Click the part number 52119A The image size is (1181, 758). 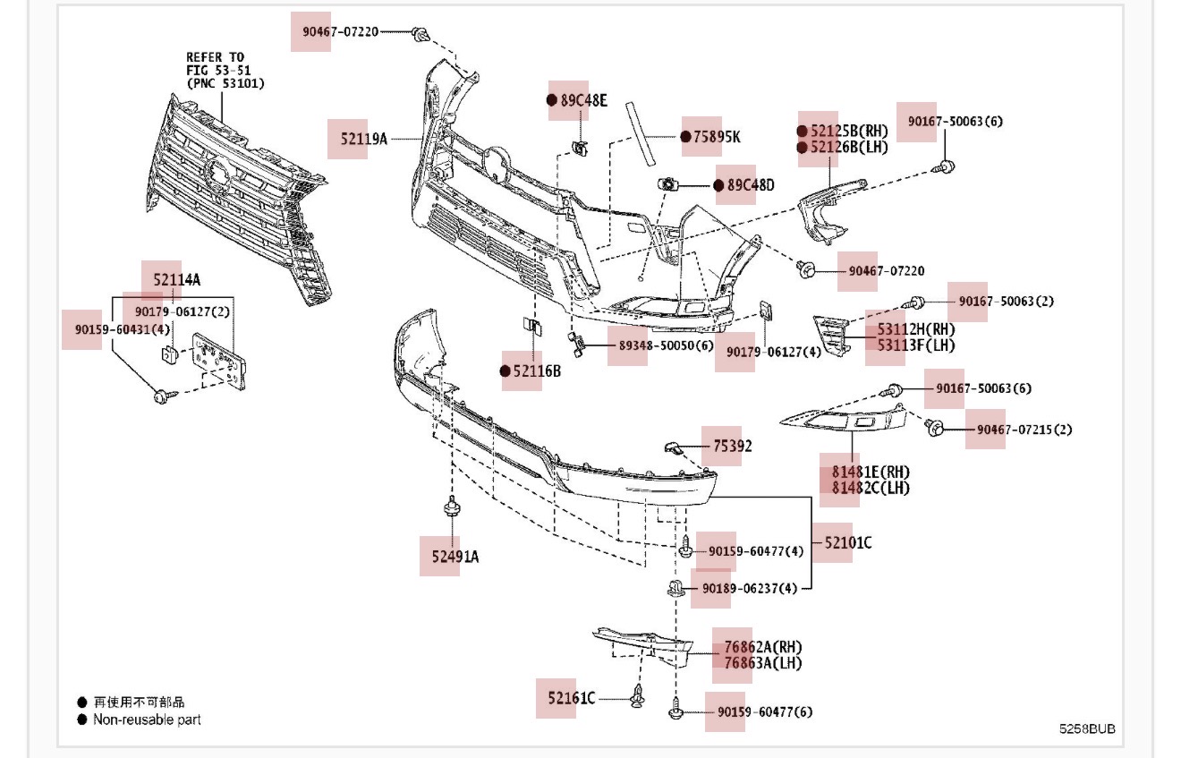point(364,139)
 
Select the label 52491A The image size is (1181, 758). point(455,557)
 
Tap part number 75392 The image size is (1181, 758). point(733,446)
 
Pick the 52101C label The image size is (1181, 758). point(848,542)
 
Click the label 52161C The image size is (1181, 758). point(565,698)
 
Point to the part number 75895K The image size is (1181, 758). point(717,137)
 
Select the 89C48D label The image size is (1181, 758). point(751,185)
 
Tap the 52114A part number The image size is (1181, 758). point(176,280)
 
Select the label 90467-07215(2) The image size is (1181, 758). point(1024,430)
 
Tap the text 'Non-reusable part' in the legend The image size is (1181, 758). point(147,720)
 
